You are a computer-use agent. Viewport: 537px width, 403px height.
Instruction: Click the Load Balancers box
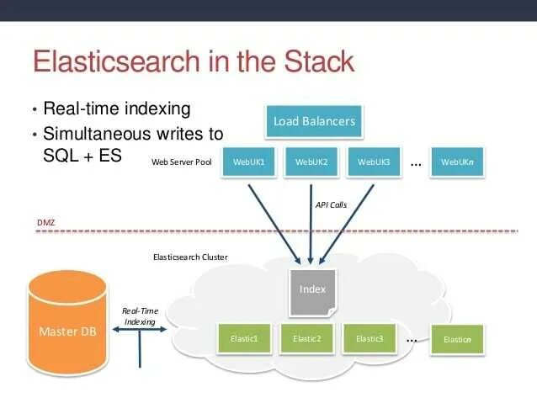(314, 121)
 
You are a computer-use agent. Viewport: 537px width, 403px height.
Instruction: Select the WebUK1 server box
(248, 162)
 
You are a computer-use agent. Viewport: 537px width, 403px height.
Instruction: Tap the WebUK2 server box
(311, 162)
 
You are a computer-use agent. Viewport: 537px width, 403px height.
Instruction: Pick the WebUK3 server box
(373, 162)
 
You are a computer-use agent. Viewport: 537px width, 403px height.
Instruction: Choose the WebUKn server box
(457, 162)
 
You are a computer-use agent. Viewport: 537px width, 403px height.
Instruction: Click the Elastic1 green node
(243, 339)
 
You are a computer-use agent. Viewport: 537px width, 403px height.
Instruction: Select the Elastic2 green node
(306, 339)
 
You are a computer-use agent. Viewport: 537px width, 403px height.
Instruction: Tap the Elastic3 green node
(370, 339)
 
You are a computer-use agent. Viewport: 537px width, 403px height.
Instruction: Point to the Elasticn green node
(457, 340)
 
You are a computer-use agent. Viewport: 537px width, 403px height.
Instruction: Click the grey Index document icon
(312, 290)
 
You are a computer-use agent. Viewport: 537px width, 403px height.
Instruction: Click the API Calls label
(331, 204)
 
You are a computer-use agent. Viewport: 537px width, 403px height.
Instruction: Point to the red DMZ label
(45, 223)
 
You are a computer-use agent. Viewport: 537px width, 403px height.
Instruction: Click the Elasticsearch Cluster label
(189, 257)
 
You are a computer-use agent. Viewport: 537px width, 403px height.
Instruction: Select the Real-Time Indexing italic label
(139, 316)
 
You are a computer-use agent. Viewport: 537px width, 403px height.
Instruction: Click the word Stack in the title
(308, 62)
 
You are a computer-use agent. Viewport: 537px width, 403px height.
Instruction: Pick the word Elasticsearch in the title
(125, 62)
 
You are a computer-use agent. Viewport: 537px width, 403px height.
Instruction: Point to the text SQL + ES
(82, 155)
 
